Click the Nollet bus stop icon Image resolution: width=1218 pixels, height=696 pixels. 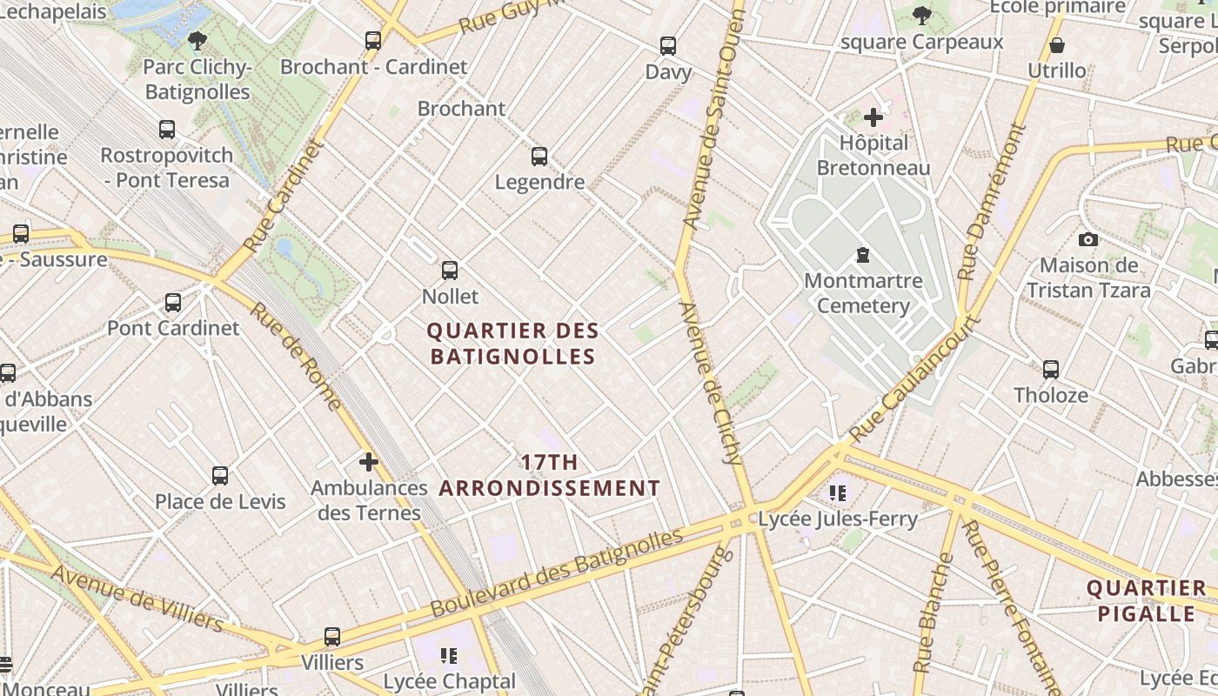click(x=449, y=271)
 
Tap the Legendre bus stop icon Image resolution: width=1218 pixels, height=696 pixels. click(x=539, y=157)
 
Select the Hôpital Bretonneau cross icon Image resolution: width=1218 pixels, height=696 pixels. click(x=873, y=117)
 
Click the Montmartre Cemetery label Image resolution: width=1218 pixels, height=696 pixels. click(x=863, y=293)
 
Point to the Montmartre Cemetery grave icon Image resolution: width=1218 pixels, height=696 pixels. click(x=862, y=255)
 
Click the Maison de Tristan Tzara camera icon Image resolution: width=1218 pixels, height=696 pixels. click(x=1087, y=239)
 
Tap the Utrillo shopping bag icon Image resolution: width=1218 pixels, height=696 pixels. click(x=1057, y=45)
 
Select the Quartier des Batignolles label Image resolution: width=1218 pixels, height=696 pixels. click(x=513, y=344)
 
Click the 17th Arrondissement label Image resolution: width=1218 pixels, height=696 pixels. click(x=549, y=475)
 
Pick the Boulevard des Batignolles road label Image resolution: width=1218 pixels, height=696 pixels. click(x=557, y=572)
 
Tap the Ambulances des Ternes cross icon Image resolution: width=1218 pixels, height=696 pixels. click(x=369, y=462)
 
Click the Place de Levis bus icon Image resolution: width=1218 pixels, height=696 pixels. click(x=220, y=476)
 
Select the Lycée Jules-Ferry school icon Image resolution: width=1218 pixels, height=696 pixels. click(x=838, y=494)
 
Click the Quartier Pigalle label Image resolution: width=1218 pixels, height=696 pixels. click(x=1146, y=600)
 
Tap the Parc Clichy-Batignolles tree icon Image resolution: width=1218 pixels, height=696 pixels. click(x=197, y=40)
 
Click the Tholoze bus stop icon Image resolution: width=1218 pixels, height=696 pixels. click(x=1051, y=369)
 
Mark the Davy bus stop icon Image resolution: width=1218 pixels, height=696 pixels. click(x=668, y=46)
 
